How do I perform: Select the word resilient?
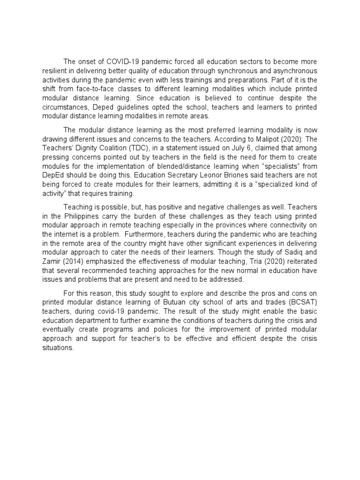coord(56,70)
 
